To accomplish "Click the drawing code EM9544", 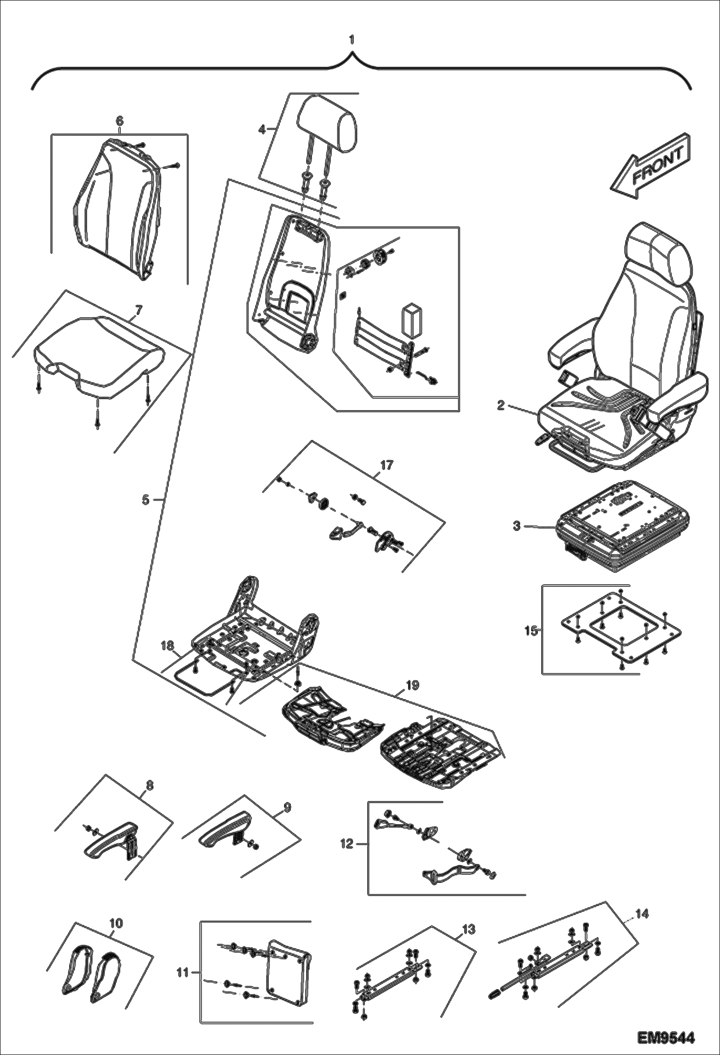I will tap(666, 1034).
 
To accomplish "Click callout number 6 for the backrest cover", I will tap(120, 122).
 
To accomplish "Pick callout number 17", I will tap(387, 465).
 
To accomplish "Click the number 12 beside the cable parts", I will tap(347, 843).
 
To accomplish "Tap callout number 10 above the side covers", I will tap(116, 924).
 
